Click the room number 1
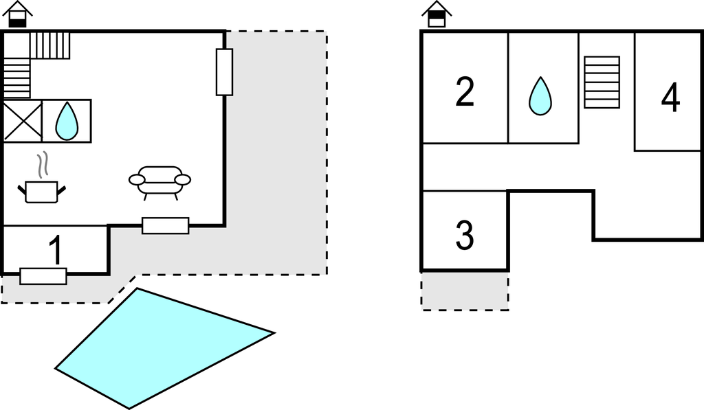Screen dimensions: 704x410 (x=55, y=249)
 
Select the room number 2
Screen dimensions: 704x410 (x=465, y=92)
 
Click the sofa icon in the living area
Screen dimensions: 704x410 (x=159, y=183)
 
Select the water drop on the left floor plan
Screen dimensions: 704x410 (x=67, y=121)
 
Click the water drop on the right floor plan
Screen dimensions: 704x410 (x=540, y=96)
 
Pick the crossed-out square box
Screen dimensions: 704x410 (x=23, y=121)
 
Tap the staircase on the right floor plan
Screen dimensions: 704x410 (x=602, y=82)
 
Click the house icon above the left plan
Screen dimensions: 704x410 (x=17, y=14)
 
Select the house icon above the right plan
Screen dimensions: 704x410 (x=437, y=14)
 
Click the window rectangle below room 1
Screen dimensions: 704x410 (x=43, y=276)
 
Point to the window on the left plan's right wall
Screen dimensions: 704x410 (x=225, y=72)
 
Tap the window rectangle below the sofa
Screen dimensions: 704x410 (x=165, y=226)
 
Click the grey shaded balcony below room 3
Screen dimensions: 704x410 (x=465, y=291)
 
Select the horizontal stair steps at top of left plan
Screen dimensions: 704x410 (x=49, y=45)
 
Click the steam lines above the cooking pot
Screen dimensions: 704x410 (x=42, y=165)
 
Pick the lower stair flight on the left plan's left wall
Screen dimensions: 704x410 (x=16, y=78)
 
